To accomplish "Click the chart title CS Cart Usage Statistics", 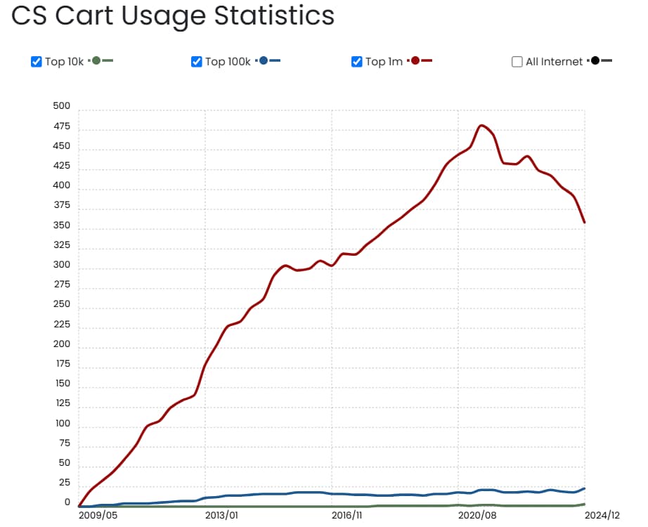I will click(x=173, y=15).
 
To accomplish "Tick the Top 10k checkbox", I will click(x=37, y=62).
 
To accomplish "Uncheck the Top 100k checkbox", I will click(x=197, y=62).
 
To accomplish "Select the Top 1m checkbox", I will click(x=357, y=62).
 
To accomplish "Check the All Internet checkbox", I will click(x=517, y=62).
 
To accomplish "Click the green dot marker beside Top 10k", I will click(x=96, y=61).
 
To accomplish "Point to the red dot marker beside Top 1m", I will click(x=415, y=61).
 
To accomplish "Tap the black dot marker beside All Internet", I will click(x=595, y=61).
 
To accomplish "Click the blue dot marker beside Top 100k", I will click(x=264, y=61).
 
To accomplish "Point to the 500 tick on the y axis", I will click(x=62, y=106).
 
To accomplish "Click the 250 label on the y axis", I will click(x=62, y=304).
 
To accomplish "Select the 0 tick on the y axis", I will click(x=67, y=502).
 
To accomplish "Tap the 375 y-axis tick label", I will click(x=62, y=205).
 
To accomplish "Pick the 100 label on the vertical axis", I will click(x=62, y=423).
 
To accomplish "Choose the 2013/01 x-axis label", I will click(x=221, y=515).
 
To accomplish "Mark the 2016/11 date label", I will click(x=347, y=515).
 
